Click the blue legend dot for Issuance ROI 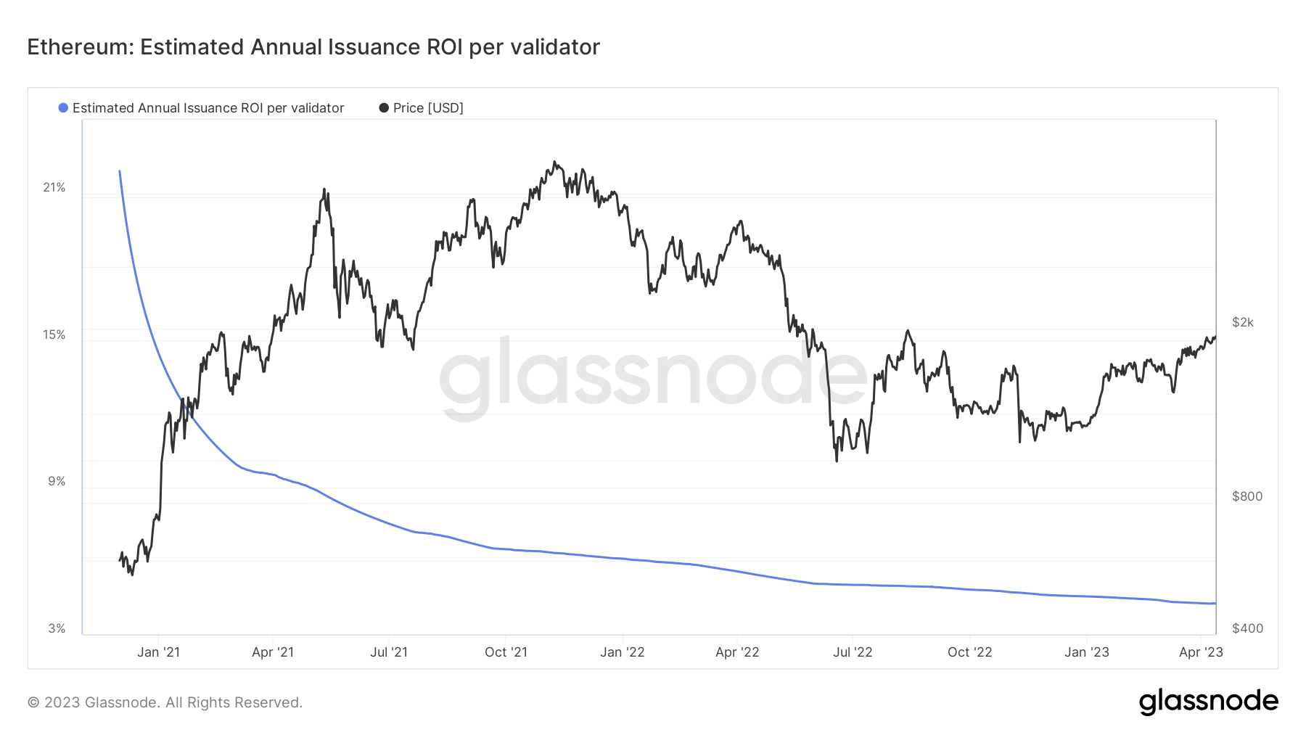[63, 108]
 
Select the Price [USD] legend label [427, 108]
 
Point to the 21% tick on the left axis [54, 188]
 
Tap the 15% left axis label [54, 335]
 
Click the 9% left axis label [57, 482]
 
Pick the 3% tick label [57, 629]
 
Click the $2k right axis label [1242, 323]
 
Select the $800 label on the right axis [1247, 497]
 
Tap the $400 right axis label [1247, 629]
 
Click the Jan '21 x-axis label [158, 652]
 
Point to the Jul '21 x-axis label [389, 652]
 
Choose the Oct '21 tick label [506, 652]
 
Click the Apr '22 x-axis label [737, 652]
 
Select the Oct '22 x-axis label [969, 652]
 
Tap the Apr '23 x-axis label [1201, 652]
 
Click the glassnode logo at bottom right [1208, 702]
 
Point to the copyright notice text [165, 702]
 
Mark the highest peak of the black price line [554, 162]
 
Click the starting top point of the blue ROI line [120, 171]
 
